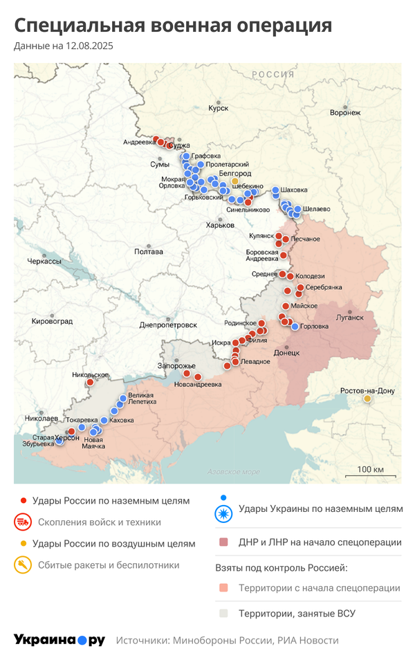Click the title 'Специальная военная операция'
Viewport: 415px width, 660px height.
tap(173, 26)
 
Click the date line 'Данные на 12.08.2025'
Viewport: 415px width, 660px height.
tap(64, 46)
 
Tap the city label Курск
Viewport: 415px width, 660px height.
tap(218, 109)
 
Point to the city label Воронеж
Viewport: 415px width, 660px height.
tap(345, 112)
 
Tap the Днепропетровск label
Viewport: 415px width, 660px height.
tap(169, 324)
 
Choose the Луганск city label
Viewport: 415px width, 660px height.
tap(349, 318)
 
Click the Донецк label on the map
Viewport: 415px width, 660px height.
tap(286, 352)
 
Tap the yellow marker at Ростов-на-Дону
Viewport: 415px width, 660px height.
tap(367, 398)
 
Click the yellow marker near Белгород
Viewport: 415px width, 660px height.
tap(234, 181)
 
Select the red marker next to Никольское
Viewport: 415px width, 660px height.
tap(89, 383)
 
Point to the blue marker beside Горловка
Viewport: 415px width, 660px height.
tap(295, 327)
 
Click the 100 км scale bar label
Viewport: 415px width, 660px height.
tap(370, 470)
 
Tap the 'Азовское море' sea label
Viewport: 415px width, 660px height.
tap(234, 472)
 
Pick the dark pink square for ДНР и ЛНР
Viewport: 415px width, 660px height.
tap(223, 542)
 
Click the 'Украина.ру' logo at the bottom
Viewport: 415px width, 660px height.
tap(59, 640)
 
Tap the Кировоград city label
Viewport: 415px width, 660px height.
tap(52, 322)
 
